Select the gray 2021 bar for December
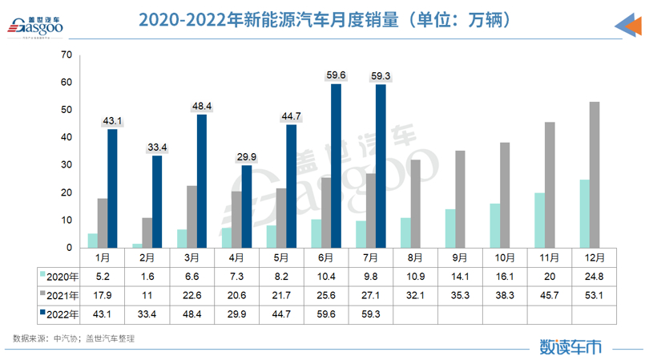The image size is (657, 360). pyautogui.click(x=595, y=175)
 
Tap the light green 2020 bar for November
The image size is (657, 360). pyautogui.click(x=539, y=220)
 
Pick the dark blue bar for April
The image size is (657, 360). pyautogui.click(x=247, y=207)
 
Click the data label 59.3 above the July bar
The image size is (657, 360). pyautogui.click(x=381, y=75)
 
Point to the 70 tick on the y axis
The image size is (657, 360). pyautogui.click(x=66, y=55)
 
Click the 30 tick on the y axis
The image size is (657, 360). pyautogui.click(x=66, y=165)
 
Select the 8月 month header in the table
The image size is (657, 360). pyautogui.click(x=415, y=259)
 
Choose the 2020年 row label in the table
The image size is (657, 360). pyautogui.click(x=61, y=275)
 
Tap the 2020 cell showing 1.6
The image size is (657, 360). pyautogui.click(x=147, y=275)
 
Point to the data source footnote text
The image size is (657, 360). pyautogui.click(x=74, y=338)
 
